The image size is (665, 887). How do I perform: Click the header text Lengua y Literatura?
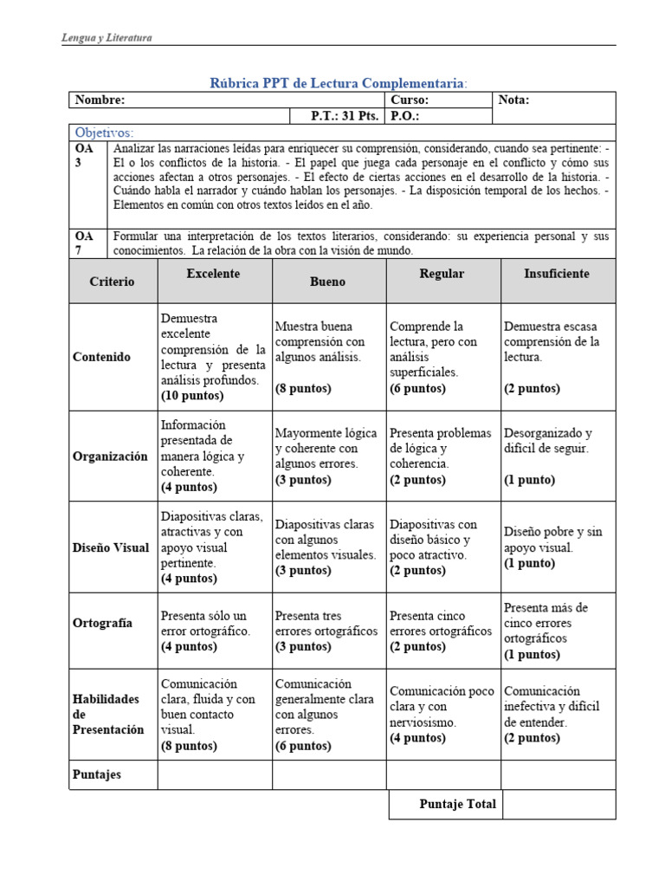coord(107,38)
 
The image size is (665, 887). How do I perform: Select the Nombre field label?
coord(100,100)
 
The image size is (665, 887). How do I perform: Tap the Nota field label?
coord(514,100)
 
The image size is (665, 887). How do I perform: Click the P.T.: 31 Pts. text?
coord(345,115)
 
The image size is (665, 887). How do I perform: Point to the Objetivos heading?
coord(105,133)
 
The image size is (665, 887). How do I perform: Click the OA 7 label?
coord(84,243)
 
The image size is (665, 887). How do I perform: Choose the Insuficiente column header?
coord(557,274)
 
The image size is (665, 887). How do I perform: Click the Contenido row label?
coord(102,357)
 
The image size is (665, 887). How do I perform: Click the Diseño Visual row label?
coord(111,547)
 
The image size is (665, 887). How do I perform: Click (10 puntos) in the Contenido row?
coord(192,396)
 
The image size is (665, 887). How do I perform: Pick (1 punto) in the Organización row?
coord(530,480)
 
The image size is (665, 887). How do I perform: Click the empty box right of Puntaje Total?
coord(558,804)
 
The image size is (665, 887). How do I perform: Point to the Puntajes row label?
coord(97,774)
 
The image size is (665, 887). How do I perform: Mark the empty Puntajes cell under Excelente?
coord(215,774)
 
